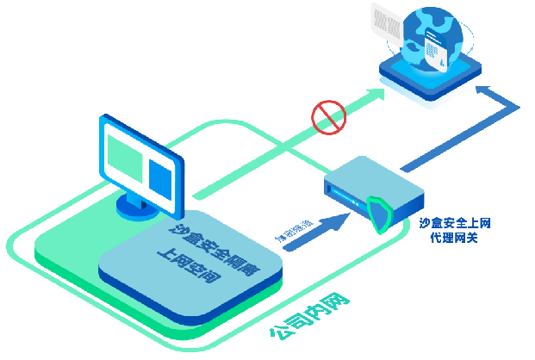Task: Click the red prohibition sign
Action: point(328,117)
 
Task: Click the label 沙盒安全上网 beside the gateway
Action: point(456,222)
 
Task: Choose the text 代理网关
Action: point(455,235)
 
